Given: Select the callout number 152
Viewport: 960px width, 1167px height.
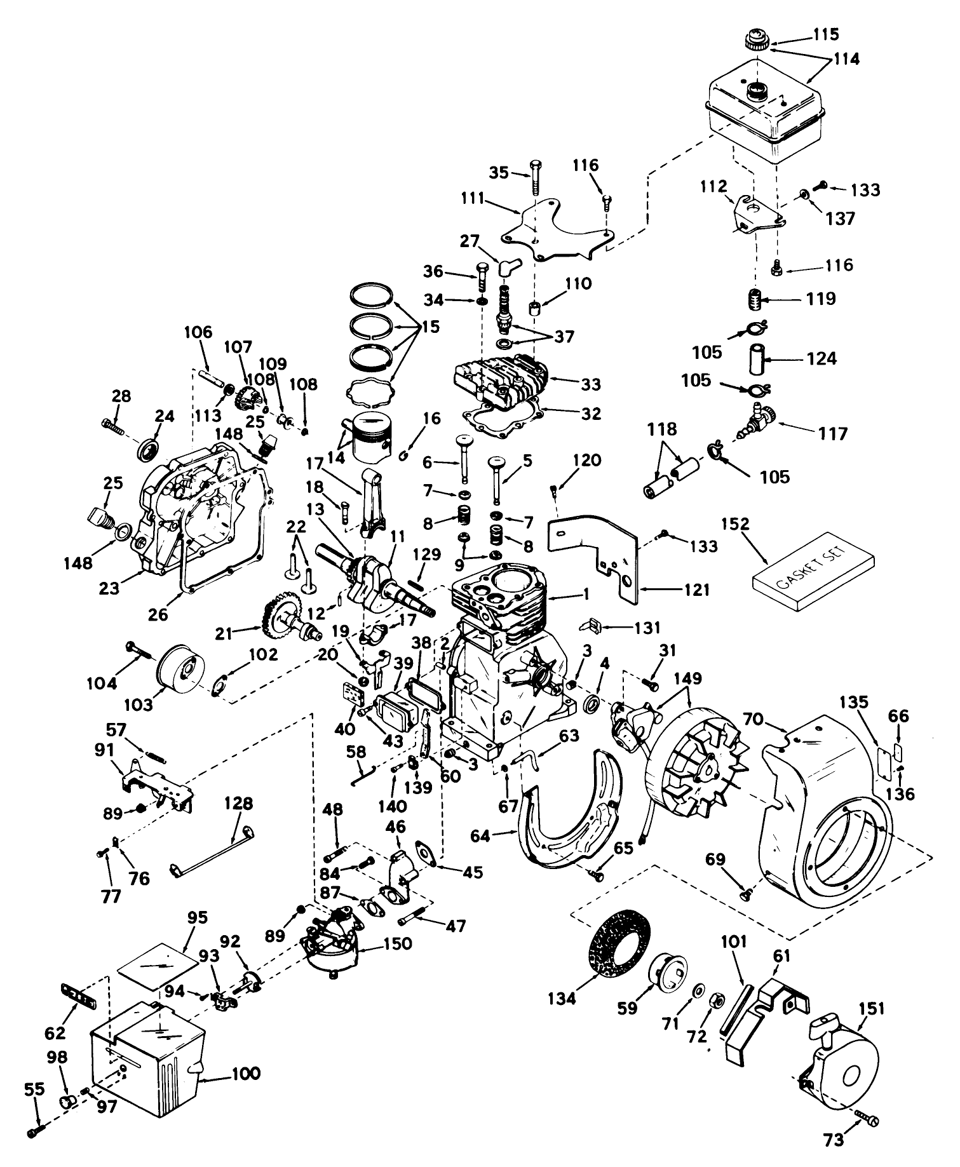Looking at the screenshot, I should click(735, 525).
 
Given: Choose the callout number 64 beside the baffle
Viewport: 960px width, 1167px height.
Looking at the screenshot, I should click(480, 836).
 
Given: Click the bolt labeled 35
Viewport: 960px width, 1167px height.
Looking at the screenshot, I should click(534, 172).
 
